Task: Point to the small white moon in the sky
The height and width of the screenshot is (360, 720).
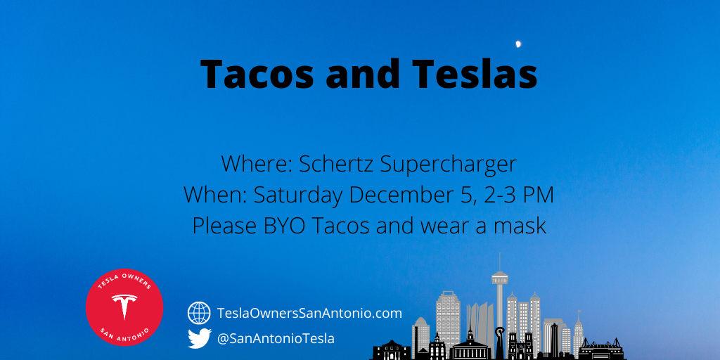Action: tap(518, 44)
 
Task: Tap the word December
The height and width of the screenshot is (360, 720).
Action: tap(403, 195)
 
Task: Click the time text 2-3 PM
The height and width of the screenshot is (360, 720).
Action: tap(515, 195)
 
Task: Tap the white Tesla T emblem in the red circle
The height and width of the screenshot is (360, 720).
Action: tap(124, 305)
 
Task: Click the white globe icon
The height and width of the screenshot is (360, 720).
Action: tap(199, 313)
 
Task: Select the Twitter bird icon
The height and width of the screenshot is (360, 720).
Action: tap(199, 338)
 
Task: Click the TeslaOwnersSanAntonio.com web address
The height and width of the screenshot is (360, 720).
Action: tap(309, 314)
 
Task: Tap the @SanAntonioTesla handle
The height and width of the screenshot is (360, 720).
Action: tap(276, 339)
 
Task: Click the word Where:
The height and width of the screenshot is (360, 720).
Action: tap(257, 165)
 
